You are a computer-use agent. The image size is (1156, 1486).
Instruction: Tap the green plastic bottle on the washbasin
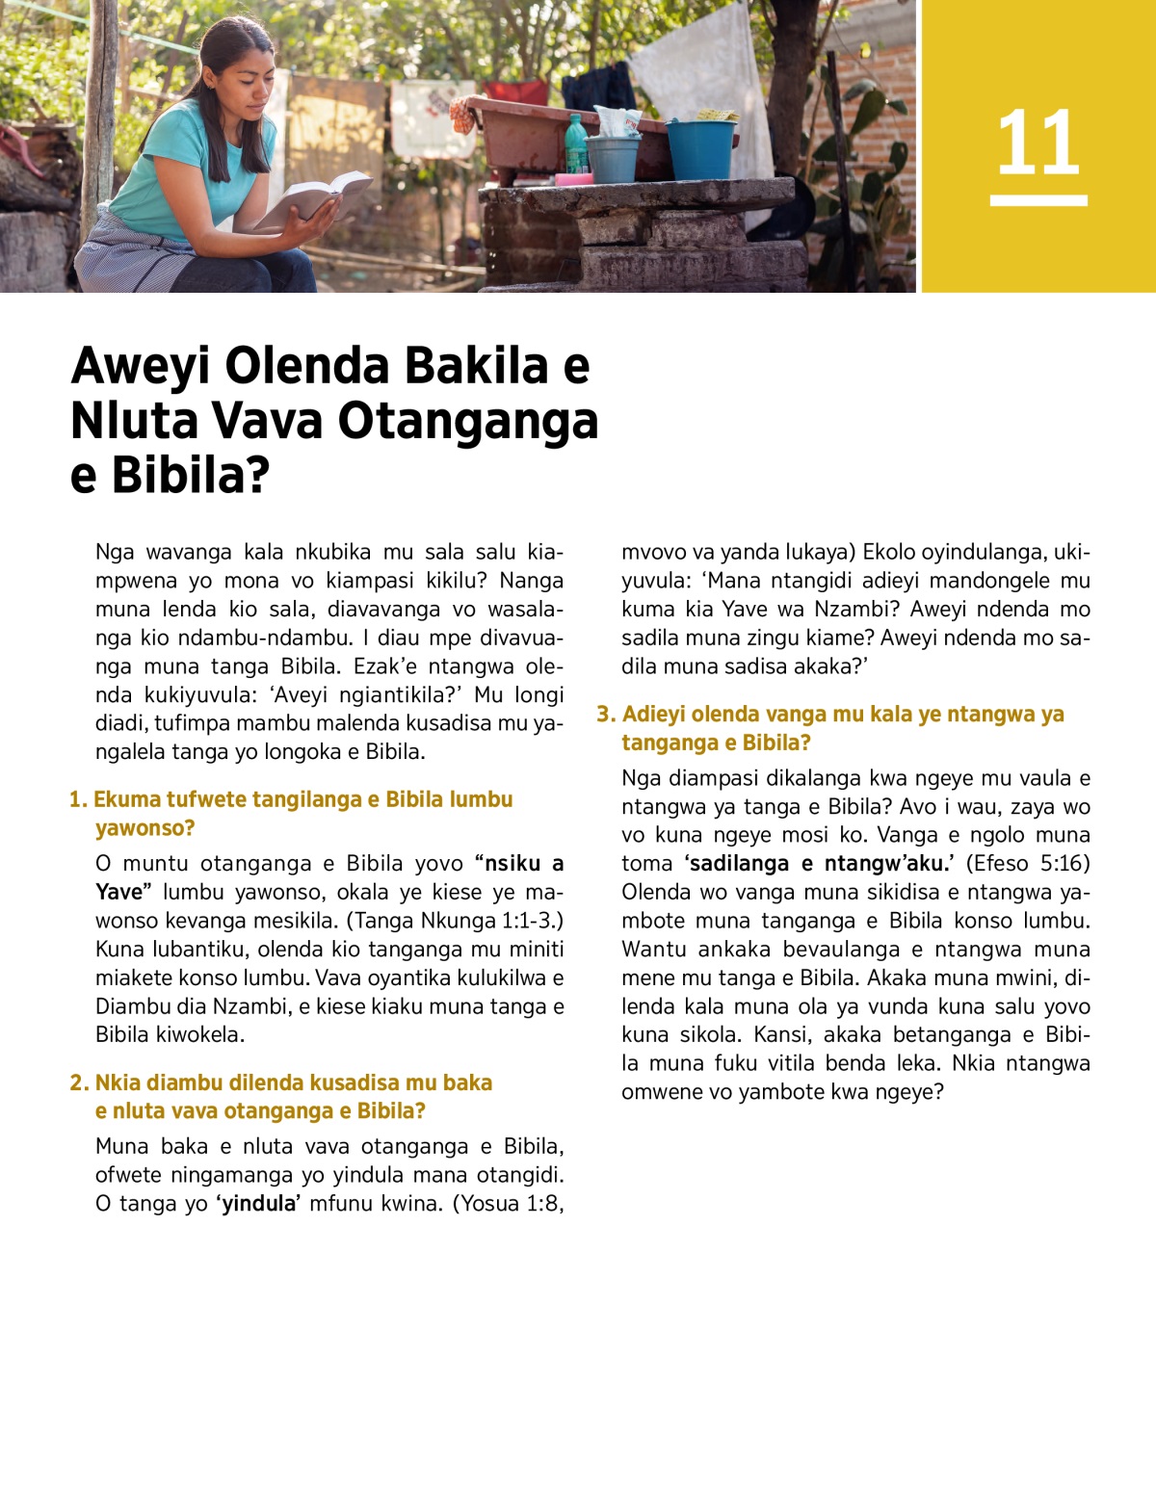[575, 145]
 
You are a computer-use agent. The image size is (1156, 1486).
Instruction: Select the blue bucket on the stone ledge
[700, 148]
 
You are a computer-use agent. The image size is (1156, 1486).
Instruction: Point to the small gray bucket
[614, 157]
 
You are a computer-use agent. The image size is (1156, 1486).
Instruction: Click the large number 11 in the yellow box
[1038, 143]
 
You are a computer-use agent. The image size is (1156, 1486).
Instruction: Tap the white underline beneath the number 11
[1038, 200]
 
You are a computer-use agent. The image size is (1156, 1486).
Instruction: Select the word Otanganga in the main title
[467, 421]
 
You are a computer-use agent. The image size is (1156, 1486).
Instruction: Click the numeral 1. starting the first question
[78, 799]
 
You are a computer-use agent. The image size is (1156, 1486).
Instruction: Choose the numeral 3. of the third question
[605, 714]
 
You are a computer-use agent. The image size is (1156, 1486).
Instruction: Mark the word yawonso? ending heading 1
[144, 827]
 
